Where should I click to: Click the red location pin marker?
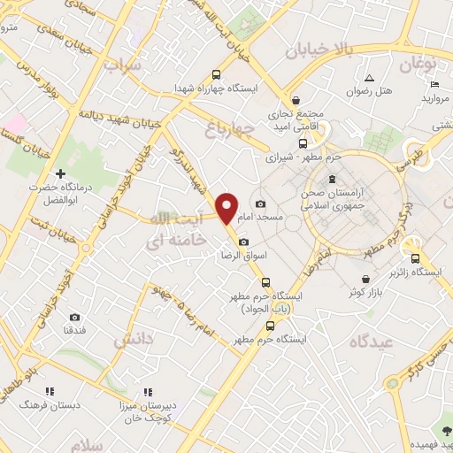[227, 207]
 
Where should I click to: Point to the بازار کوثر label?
[365, 291]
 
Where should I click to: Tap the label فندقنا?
[74, 330]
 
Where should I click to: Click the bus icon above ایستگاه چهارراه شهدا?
[216, 75]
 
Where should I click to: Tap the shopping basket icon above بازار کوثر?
[365, 279]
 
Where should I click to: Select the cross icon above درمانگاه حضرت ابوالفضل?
[60, 174]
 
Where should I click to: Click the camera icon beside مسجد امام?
[259, 204]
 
